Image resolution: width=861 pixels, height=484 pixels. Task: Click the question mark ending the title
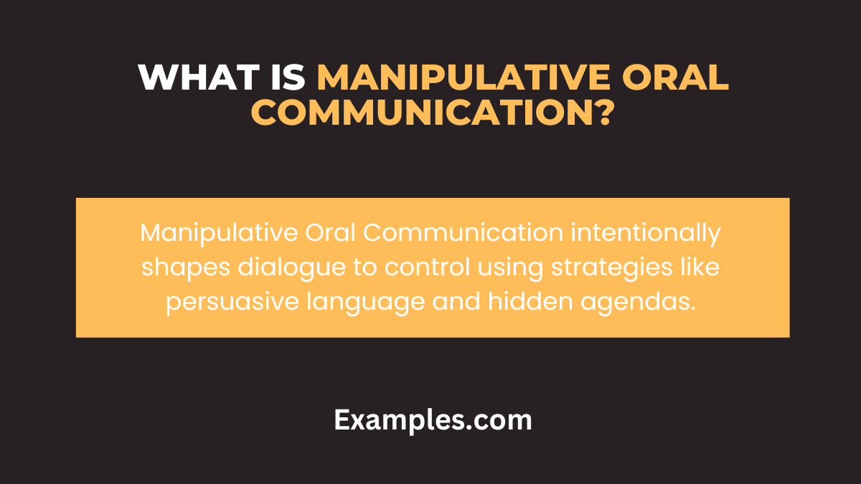point(601,113)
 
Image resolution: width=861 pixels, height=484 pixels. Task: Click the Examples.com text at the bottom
point(433,420)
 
